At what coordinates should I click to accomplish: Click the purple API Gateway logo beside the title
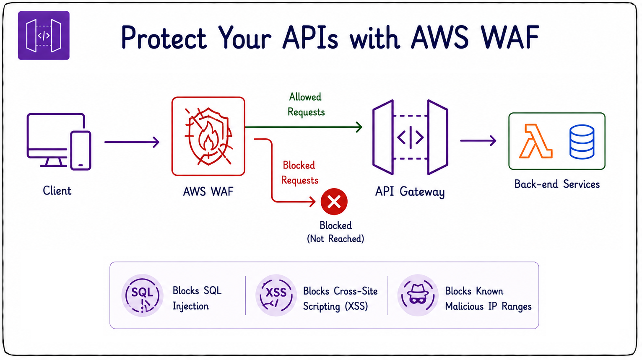[44, 35]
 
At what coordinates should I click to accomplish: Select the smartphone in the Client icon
[81, 150]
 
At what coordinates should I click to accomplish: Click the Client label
[57, 190]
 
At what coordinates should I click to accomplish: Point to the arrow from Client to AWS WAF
[132, 142]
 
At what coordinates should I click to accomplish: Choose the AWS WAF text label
[208, 191]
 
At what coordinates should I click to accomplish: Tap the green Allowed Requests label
[306, 104]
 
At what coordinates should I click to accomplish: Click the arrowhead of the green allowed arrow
[359, 127]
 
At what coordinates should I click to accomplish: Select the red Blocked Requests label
[299, 173]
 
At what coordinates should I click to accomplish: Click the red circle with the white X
[334, 202]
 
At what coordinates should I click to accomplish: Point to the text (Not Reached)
[335, 238]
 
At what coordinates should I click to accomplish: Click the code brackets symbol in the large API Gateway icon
[411, 137]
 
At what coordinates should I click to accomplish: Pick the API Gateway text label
[410, 192]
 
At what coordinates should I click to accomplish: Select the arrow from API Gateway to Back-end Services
[478, 141]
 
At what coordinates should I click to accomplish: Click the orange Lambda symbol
[535, 141]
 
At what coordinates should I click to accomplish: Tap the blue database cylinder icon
[582, 142]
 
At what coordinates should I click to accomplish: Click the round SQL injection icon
[143, 295]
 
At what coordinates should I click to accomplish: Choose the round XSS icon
[276, 295]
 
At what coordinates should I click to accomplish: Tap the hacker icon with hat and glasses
[418, 295]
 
